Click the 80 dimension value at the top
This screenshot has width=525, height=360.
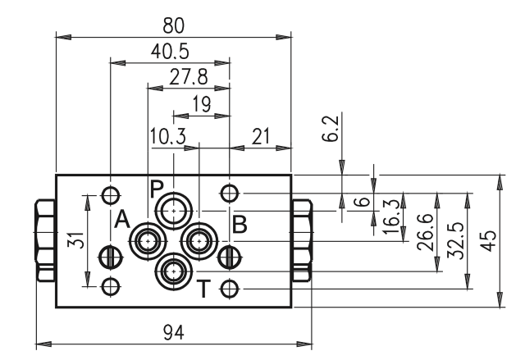pos(173,25)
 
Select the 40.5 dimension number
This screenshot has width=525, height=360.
pos(170,52)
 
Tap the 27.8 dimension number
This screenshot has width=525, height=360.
pos(188,76)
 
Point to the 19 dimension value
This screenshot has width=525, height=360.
pos(202,103)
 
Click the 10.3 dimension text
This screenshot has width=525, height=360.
pos(167,136)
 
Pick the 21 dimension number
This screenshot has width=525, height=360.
pos(261,136)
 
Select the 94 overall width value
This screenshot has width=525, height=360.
pos(173,333)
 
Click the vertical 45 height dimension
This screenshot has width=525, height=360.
pos(489,240)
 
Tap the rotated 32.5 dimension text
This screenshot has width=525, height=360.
pos(456,240)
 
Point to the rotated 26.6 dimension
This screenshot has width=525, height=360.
pos(426,233)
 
